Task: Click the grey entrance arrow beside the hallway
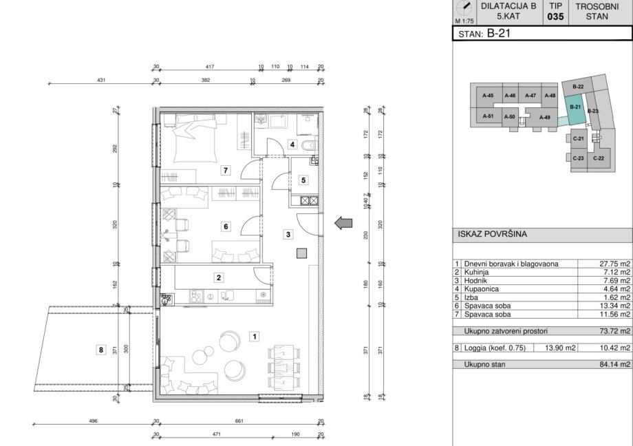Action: [x=343, y=223]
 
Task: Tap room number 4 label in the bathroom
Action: [x=292, y=145]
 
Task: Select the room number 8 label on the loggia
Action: [x=101, y=350]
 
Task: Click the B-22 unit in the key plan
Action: [x=578, y=87]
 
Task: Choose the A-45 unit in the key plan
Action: [x=488, y=96]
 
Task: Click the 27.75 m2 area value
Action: [x=614, y=264]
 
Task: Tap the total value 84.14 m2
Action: [x=614, y=364]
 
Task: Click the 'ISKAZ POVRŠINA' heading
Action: [x=492, y=234]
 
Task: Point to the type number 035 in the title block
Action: [x=555, y=17]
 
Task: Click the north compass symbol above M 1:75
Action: [x=466, y=8]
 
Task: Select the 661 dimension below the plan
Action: [x=239, y=421]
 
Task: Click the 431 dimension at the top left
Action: [x=101, y=80]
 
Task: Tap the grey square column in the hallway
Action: [x=301, y=253]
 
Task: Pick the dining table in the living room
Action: [x=283, y=368]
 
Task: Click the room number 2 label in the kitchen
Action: [x=219, y=277]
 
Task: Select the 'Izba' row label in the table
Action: [x=471, y=297]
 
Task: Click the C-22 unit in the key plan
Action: [x=599, y=158]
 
